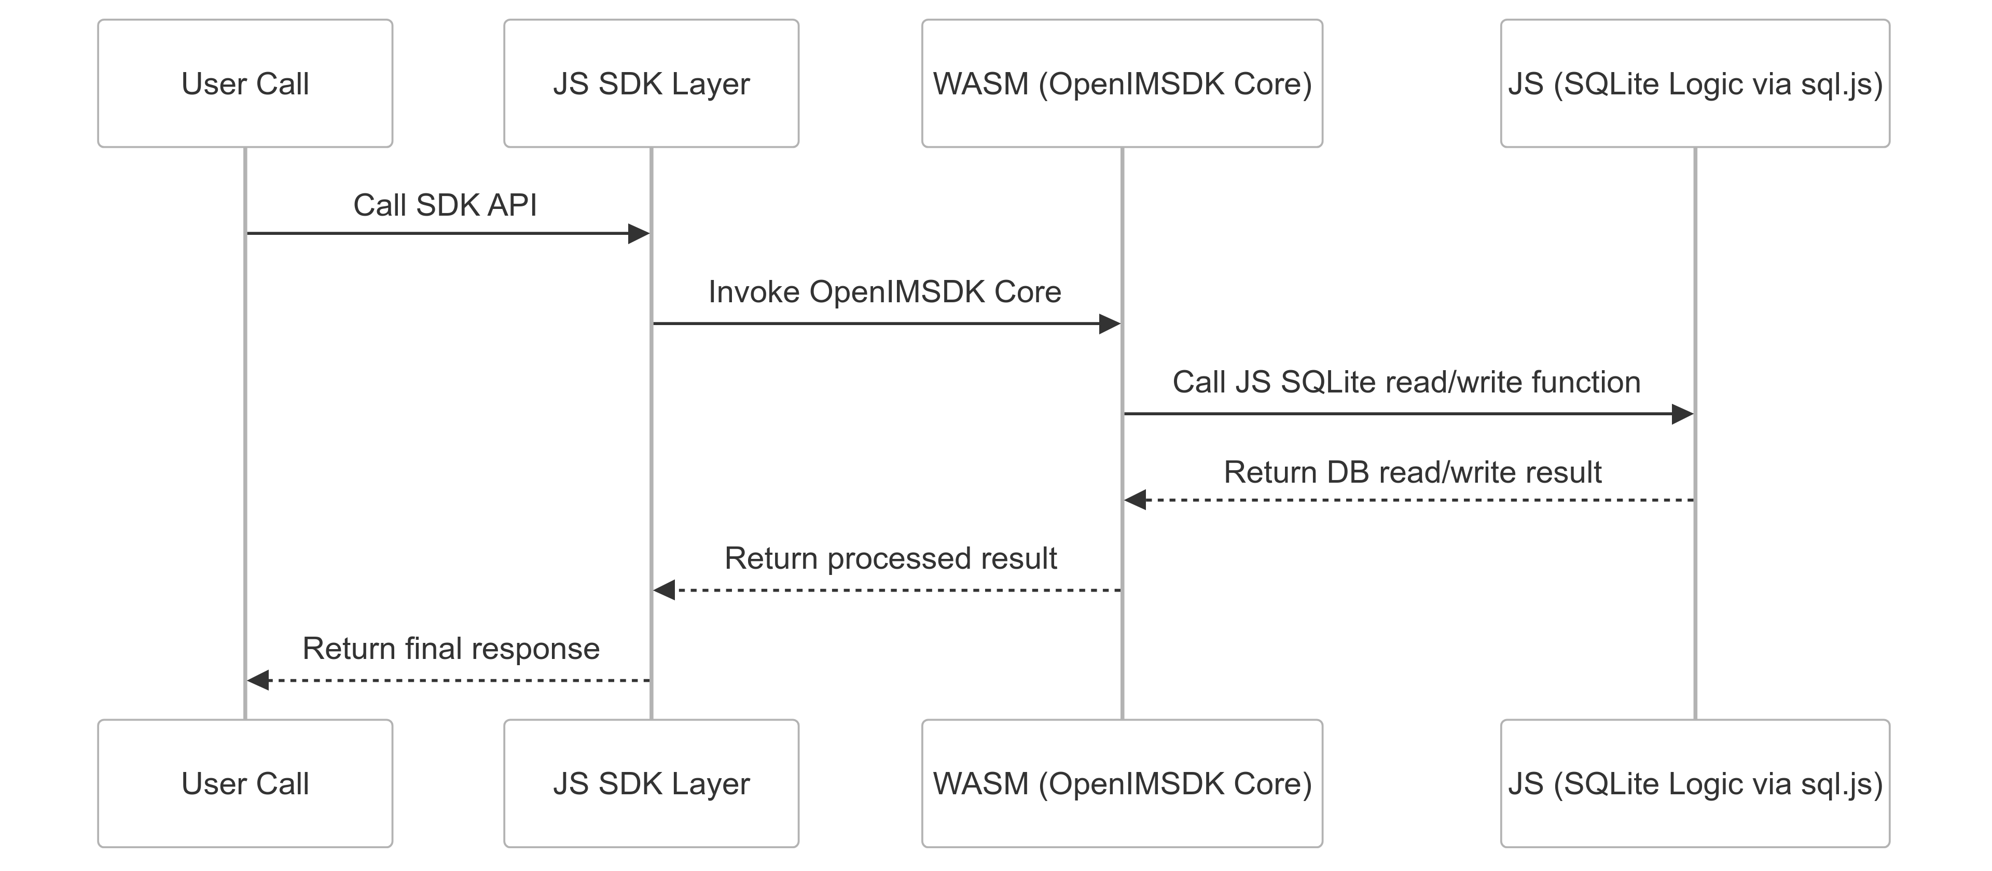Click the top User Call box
pos(245,83)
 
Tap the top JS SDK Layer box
pos(651,83)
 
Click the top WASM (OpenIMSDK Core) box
pos(1122,83)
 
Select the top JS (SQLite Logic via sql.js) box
pos(1695,83)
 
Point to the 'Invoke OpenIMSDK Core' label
pos(884,292)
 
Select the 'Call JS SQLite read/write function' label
pos(1406,382)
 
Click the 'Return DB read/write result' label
pos(1412,472)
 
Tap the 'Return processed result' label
pos(890,558)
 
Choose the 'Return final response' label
pos(451,649)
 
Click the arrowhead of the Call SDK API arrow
pos(639,233)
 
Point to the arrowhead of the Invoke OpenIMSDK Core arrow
pos(1110,324)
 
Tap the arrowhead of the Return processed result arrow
pos(664,591)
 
